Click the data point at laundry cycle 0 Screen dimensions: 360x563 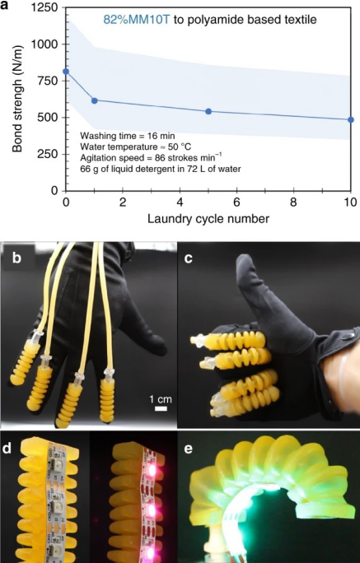tap(66, 72)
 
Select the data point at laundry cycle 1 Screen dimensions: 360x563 tap(95, 101)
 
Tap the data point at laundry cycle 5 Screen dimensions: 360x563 tap(208, 111)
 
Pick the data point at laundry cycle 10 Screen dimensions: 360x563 tap(351, 119)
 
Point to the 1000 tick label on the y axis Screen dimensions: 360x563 tap(44, 44)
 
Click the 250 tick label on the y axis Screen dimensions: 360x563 tap(48, 155)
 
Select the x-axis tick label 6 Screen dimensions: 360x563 tap(236, 202)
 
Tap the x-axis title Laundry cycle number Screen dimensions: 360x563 tap(208, 218)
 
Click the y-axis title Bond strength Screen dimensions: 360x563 tap(16, 99)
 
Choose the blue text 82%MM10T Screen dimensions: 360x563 tap(137, 20)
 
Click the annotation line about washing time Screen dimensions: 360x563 tap(128, 136)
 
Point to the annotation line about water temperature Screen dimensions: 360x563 tap(136, 147)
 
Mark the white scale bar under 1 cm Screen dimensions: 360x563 tap(161, 408)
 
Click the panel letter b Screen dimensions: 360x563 tap(16, 258)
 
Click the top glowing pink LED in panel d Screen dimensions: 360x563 tap(152, 468)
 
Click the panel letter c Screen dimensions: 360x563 tap(189, 258)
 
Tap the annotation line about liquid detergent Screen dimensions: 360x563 tap(161, 168)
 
